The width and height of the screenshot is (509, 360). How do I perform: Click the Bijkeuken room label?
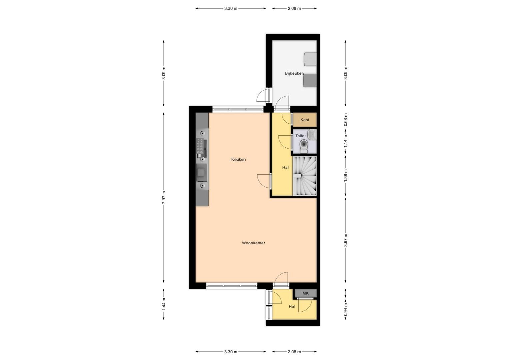point(294,73)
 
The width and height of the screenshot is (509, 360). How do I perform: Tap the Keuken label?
point(239,159)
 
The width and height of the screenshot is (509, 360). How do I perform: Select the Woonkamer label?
point(254,243)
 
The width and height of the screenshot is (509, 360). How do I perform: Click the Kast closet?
point(305,120)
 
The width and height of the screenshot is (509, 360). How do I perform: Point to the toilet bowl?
point(304,146)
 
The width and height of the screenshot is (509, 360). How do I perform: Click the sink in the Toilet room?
point(312,134)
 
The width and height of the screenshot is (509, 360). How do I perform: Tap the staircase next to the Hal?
point(304,176)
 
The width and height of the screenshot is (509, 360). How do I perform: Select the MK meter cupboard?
point(305,293)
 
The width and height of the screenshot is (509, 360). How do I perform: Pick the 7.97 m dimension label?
point(164,198)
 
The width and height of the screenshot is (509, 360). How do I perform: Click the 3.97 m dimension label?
point(345,240)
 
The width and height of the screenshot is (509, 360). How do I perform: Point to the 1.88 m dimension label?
point(345,176)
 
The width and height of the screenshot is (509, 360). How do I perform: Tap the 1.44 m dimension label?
point(164,304)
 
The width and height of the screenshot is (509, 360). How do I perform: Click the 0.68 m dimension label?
point(345,120)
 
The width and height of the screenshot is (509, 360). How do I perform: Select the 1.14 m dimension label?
point(345,141)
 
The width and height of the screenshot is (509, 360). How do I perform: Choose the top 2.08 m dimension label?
point(294,9)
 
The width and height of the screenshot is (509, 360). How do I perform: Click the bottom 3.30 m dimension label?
point(231,352)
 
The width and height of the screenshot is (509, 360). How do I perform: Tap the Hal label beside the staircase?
point(285,168)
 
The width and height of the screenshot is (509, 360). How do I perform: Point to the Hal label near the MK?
point(292,307)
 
